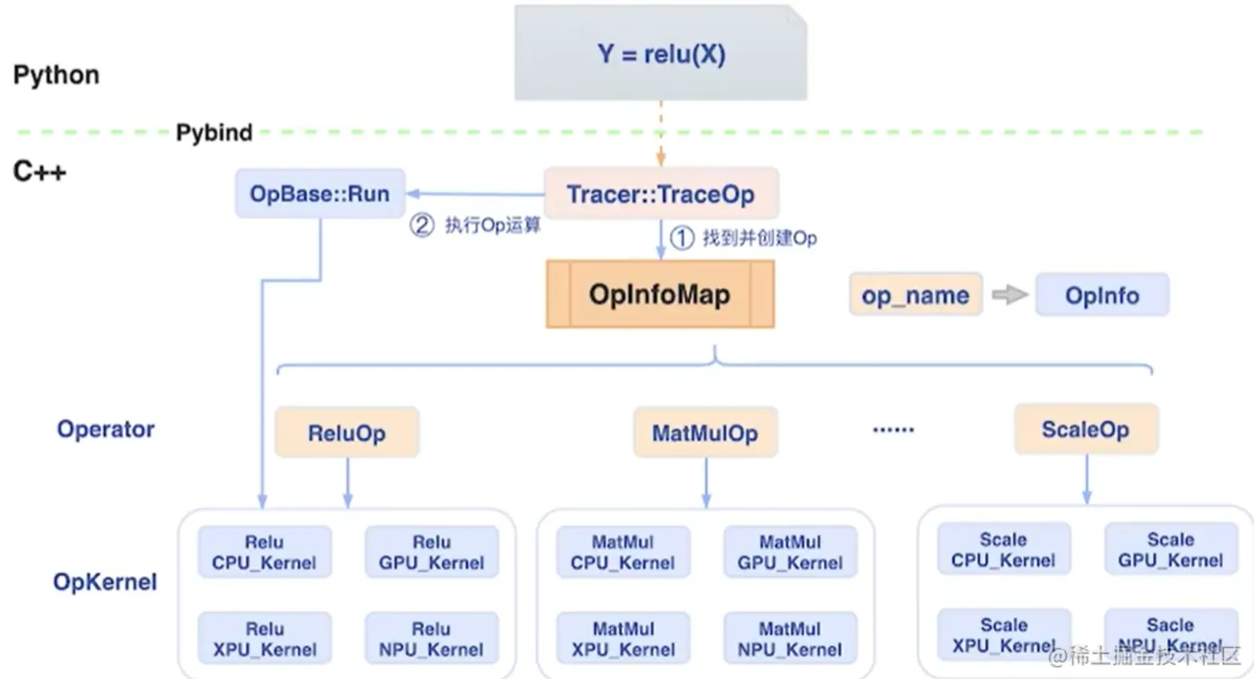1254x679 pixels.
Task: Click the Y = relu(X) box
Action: pyautogui.click(x=661, y=53)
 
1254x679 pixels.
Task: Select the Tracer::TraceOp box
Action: pyautogui.click(x=661, y=193)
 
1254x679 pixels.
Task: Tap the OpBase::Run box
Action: pyautogui.click(x=320, y=193)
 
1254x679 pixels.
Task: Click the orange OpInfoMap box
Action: pyautogui.click(x=661, y=294)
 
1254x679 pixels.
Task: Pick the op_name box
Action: pyautogui.click(x=915, y=295)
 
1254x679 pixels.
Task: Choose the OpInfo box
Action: pyautogui.click(x=1103, y=295)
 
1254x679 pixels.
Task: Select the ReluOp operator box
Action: pyautogui.click(x=348, y=433)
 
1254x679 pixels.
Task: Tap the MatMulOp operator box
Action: pyautogui.click(x=706, y=433)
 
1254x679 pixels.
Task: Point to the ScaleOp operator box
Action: pyautogui.click(x=1086, y=429)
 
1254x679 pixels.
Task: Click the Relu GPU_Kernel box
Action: pyautogui.click(x=432, y=552)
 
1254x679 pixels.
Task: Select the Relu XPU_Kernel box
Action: pyautogui.click(x=265, y=639)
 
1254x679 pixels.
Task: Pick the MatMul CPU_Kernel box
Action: pyautogui.click(x=623, y=552)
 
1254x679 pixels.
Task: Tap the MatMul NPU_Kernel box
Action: pyautogui.click(x=790, y=639)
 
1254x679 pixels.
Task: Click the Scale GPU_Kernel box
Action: pyautogui.click(x=1171, y=549)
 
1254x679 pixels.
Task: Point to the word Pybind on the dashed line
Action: pyautogui.click(x=214, y=133)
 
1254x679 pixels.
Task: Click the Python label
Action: pyautogui.click(x=56, y=74)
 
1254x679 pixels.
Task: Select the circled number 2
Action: pyautogui.click(x=422, y=225)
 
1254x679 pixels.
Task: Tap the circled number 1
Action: pyautogui.click(x=682, y=238)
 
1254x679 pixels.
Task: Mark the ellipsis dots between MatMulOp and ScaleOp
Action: pyautogui.click(x=894, y=430)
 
